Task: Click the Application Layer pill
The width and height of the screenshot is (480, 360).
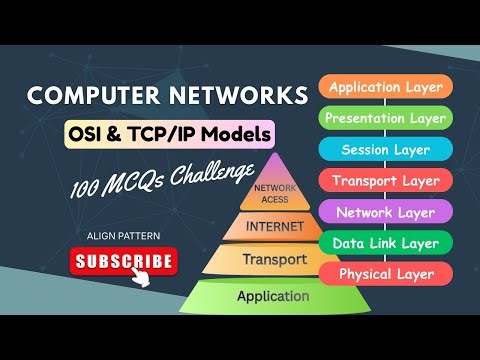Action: tap(386, 87)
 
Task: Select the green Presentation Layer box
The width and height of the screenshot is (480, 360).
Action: tap(386, 118)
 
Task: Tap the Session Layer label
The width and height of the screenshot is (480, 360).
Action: tap(386, 150)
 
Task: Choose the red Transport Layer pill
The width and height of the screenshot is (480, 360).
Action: tap(386, 181)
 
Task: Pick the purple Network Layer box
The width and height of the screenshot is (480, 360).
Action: tap(386, 212)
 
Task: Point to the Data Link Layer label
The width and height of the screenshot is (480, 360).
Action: tap(386, 243)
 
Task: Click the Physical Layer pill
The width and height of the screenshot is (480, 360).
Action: tap(386, 274)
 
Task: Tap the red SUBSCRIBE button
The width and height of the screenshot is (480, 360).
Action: tap(124, 262)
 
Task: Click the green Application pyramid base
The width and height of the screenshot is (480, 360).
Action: tap(272, 296)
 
